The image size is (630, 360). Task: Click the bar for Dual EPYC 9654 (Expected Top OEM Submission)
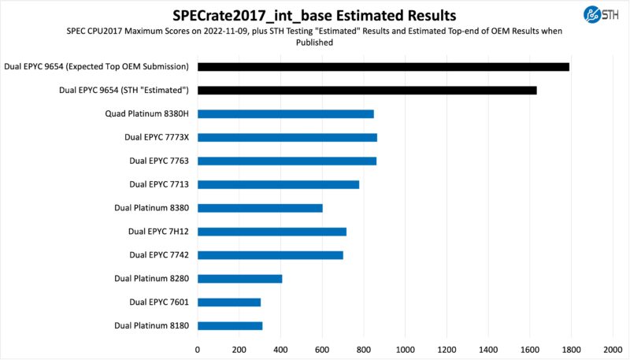[x=383, y=67]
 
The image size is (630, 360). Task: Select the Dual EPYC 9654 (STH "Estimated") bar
[x=367, y=91]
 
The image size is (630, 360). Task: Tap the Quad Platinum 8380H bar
[x=285, y=114]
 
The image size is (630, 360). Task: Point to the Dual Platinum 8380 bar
[x=260, y=208]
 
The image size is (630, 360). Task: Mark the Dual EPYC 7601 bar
[x=228, y=302]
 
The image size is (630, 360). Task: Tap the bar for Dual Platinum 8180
[x=229, y=325]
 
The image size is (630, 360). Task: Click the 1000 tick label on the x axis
[x=405, y=347]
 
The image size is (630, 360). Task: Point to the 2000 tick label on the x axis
[x=613, y=347]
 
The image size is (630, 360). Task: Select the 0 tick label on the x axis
[x=197, y=347]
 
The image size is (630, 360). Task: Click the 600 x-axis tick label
[x=322, y=347]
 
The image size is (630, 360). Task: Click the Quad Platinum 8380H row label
[x=147, y=114]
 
